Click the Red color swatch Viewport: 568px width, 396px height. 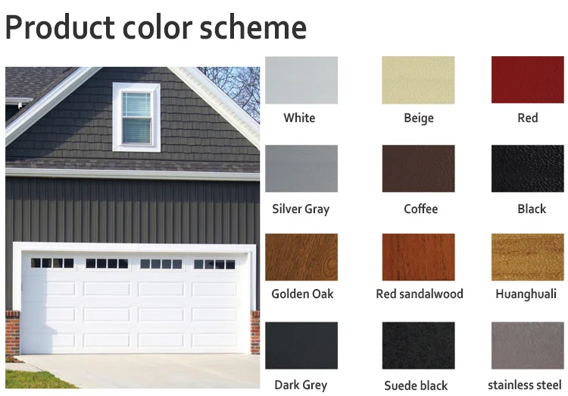(x=527, y=80)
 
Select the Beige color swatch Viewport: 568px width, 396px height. (x=418, y=80)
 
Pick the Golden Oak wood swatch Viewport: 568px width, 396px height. (x=301, y=257)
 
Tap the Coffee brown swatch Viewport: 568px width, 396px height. (x=418, y=168)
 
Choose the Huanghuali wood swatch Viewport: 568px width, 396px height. (x=527, y=257)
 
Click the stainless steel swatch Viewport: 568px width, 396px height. (x=527, y=345)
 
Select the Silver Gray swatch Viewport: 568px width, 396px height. (x=301, y=168)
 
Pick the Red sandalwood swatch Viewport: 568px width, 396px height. (x=418, y=257)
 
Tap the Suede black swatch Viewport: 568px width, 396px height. (x=418, y=345)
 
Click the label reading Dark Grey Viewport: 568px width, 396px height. (x=301, y=385)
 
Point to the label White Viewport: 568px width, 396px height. (x=299, y=118)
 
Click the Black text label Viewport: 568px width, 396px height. (x=532, y=209)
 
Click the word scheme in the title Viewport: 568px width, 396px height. (x=253, y=27)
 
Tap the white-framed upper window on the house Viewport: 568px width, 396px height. (x=136, y=118)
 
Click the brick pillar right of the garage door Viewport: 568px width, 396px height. (x=255, y=332)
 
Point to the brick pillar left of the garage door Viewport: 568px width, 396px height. (x=12, y=332)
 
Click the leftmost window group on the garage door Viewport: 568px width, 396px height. (x=52, y=263)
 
